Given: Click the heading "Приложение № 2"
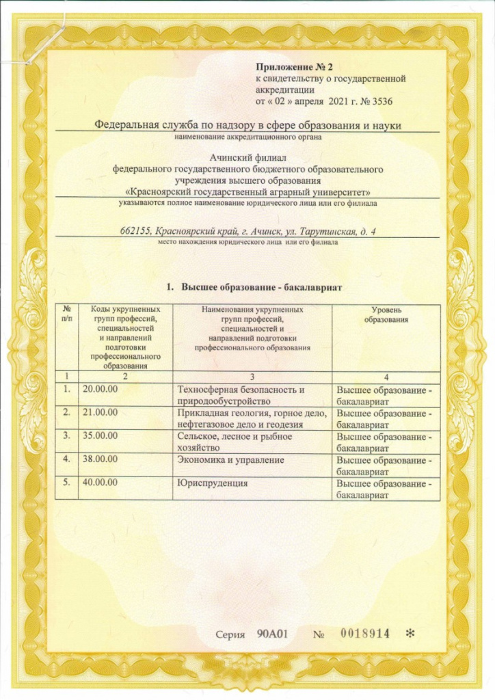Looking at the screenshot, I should coord(288,67).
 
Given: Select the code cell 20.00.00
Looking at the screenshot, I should coord(101,390).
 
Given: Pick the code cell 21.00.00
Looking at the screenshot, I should coord(101,413).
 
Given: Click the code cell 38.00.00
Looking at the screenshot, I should coord(101,460).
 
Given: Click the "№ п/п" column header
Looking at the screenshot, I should coord(66,315).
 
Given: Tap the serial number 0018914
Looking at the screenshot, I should coord(364,634).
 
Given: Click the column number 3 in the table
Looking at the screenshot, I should coord(252,376).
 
